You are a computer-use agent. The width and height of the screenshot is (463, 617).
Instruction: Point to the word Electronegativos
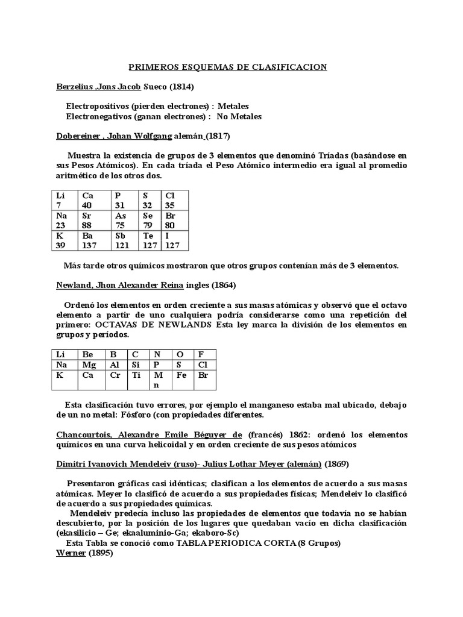tap(97, 116)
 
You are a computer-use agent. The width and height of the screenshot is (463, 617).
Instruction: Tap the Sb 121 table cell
tap(125, 240)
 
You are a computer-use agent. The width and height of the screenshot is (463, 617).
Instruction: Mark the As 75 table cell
tap(125, 220)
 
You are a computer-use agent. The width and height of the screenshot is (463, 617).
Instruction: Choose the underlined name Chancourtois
tap(83, 434)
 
